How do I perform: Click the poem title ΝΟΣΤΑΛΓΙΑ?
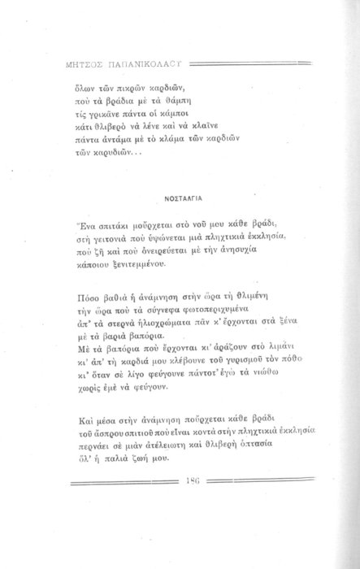pos(180,196)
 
